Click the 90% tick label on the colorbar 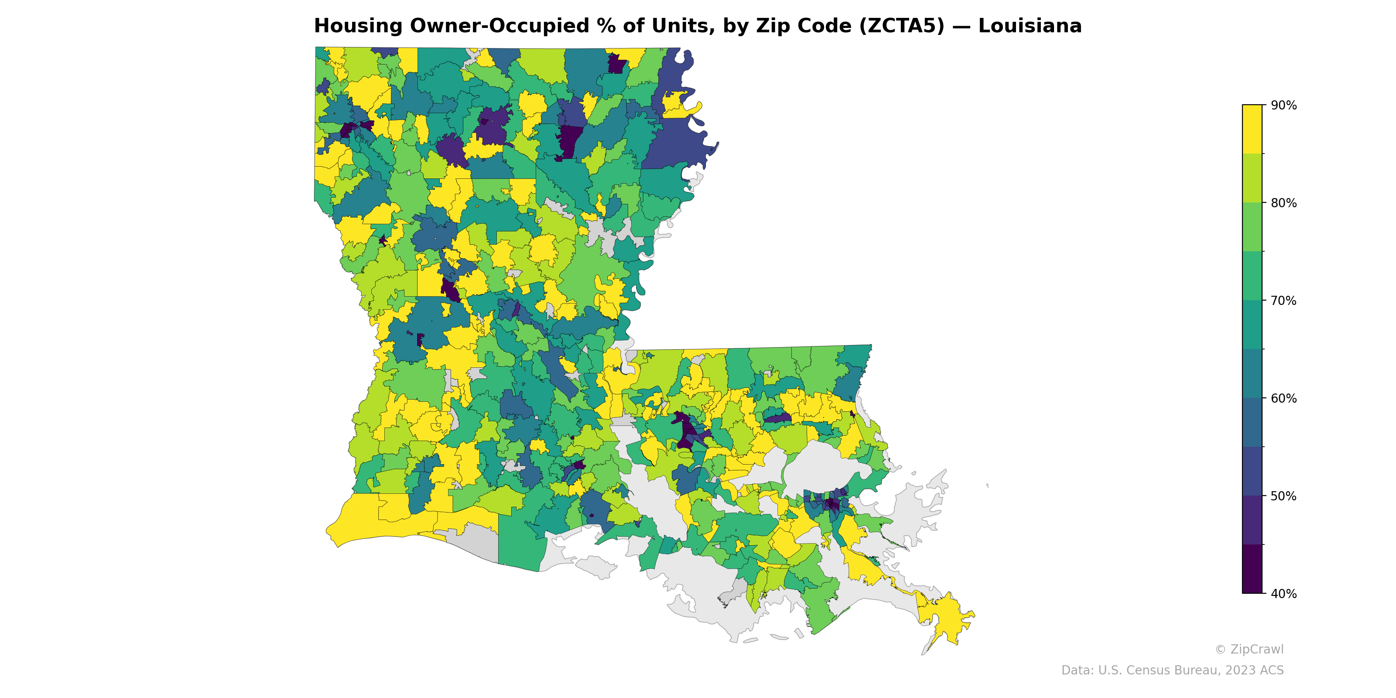[1283, 105]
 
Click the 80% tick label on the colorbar [1283, 203]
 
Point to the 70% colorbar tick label [1283, 301]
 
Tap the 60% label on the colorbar [1283, 398]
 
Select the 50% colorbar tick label [1283, 496]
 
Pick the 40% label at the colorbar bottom [1283, 593]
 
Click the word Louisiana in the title [1030, 26]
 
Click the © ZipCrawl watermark [1249, 649]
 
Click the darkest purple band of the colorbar [1252, 569]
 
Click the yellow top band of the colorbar [1252, 129]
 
